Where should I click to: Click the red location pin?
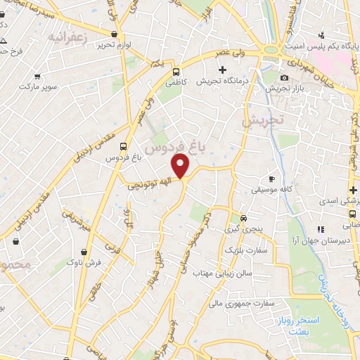coord(181,166)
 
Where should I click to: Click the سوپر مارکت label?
coord(37,86)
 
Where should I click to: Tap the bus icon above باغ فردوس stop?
coord(124,147)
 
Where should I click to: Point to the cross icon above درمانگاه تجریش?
coord(223,70)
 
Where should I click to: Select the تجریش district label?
coord(261,120)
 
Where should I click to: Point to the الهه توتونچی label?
coord(148,186)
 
